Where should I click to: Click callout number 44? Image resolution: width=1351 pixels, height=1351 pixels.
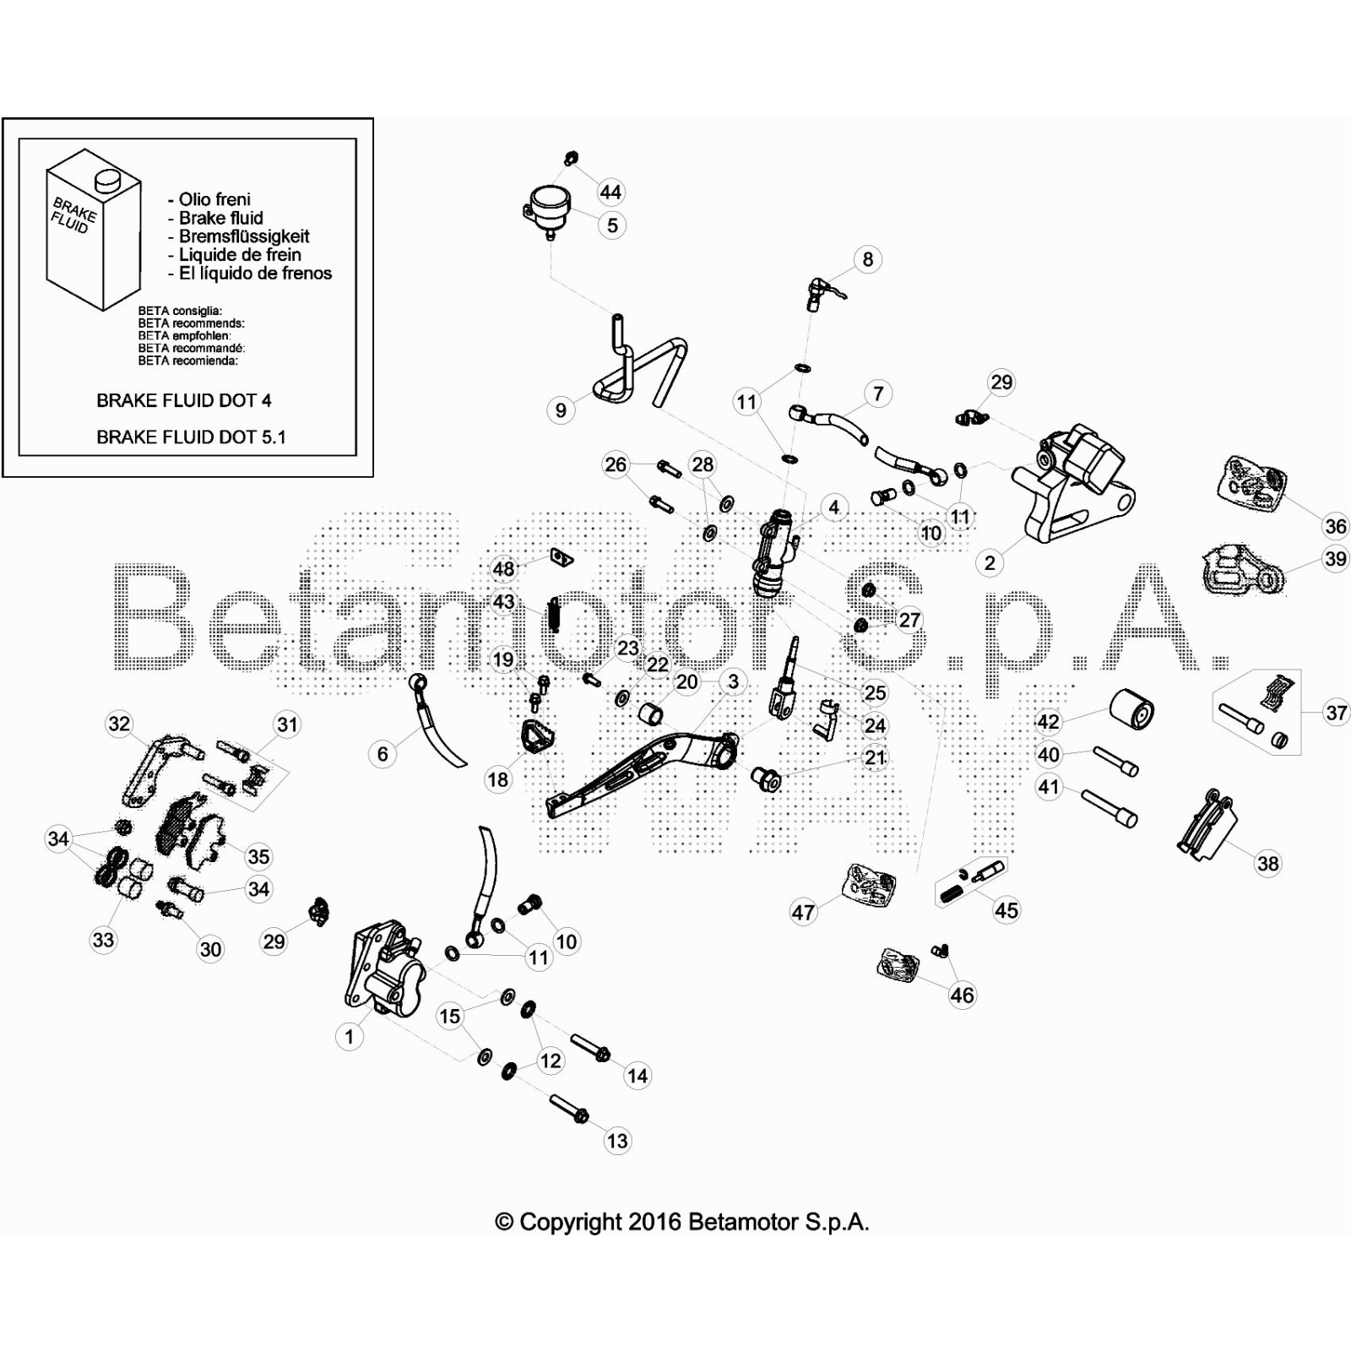point(610,193)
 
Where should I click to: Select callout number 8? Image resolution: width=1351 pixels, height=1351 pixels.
point(867,259)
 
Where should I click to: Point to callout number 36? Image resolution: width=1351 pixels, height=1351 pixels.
point(1335,527)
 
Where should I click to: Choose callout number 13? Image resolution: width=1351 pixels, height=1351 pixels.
point(617,1141)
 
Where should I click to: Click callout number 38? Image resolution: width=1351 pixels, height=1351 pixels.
point(1268,863)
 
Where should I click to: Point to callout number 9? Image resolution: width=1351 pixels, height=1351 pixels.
point(561,410)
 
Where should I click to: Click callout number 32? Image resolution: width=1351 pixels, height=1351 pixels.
point(119,724)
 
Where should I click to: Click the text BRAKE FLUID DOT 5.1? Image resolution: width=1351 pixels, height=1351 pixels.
point(191,437)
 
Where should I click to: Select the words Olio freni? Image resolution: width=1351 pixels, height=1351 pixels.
point(214,199)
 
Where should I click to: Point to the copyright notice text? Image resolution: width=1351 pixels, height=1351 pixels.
point(681,1222)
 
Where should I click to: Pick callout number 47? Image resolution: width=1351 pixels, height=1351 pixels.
point(803,912)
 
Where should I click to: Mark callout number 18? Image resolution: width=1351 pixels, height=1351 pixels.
point(498,779)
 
